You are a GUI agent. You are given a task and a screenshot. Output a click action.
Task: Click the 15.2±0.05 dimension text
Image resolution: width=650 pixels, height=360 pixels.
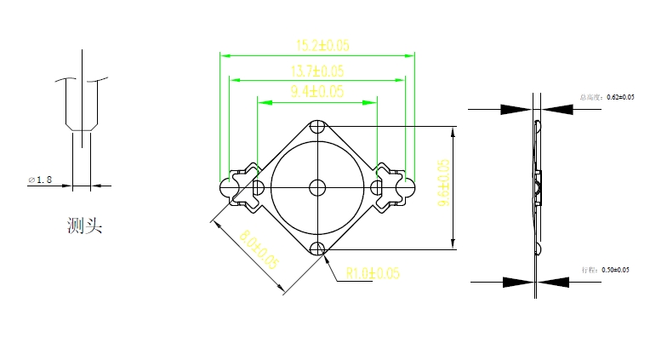click(317, 45)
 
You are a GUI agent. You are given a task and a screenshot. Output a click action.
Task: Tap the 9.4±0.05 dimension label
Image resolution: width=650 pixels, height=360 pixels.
click(317, 91)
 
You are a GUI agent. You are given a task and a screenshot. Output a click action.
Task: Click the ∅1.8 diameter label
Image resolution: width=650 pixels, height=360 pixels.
click(40, 180)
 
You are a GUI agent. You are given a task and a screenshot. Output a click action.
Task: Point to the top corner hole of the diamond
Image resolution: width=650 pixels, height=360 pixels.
click(318, 127)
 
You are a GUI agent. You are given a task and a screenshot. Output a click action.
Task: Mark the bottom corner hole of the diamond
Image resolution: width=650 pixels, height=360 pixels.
click(318, 248)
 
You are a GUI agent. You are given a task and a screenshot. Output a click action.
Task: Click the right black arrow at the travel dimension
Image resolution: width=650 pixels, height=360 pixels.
click(554, 281)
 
